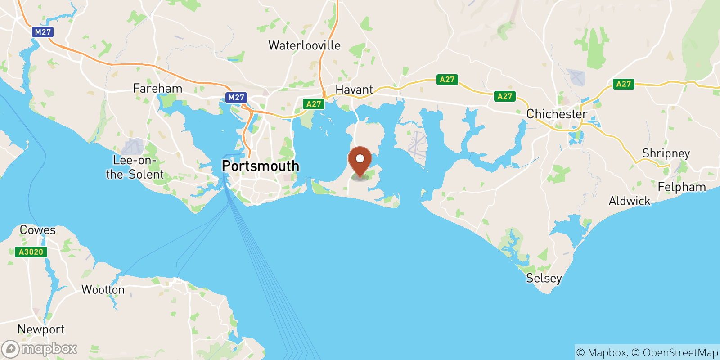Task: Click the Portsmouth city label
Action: [260, 166]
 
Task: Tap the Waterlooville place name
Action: [304, 45]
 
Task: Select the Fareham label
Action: [157, 88]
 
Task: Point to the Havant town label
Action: [354, 90]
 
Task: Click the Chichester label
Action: [557, 114]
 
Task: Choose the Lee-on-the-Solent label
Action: [135, 167]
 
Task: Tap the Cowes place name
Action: [38, 230]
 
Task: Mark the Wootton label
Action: [103, 289]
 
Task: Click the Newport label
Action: [41, 329]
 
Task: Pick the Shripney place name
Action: [666, 153]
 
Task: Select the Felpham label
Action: [681, 187]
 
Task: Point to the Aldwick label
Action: [629, 201]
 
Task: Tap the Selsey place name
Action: [544, 278]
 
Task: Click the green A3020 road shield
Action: [31, 252]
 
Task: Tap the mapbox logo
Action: [40, 349]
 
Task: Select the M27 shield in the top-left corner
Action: [43, 32]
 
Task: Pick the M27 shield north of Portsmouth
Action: [236, 97]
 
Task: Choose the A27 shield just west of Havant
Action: [314, 104]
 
